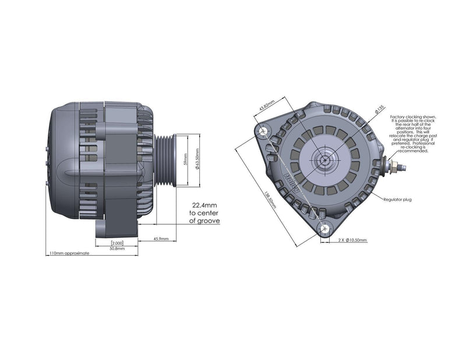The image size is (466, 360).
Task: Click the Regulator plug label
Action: [x=397, y=199]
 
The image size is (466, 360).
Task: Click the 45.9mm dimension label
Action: [x=161, y=239]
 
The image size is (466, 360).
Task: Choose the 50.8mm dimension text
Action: [x=117, y=248]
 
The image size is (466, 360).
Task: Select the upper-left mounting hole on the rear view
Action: [x=262, y=132]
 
